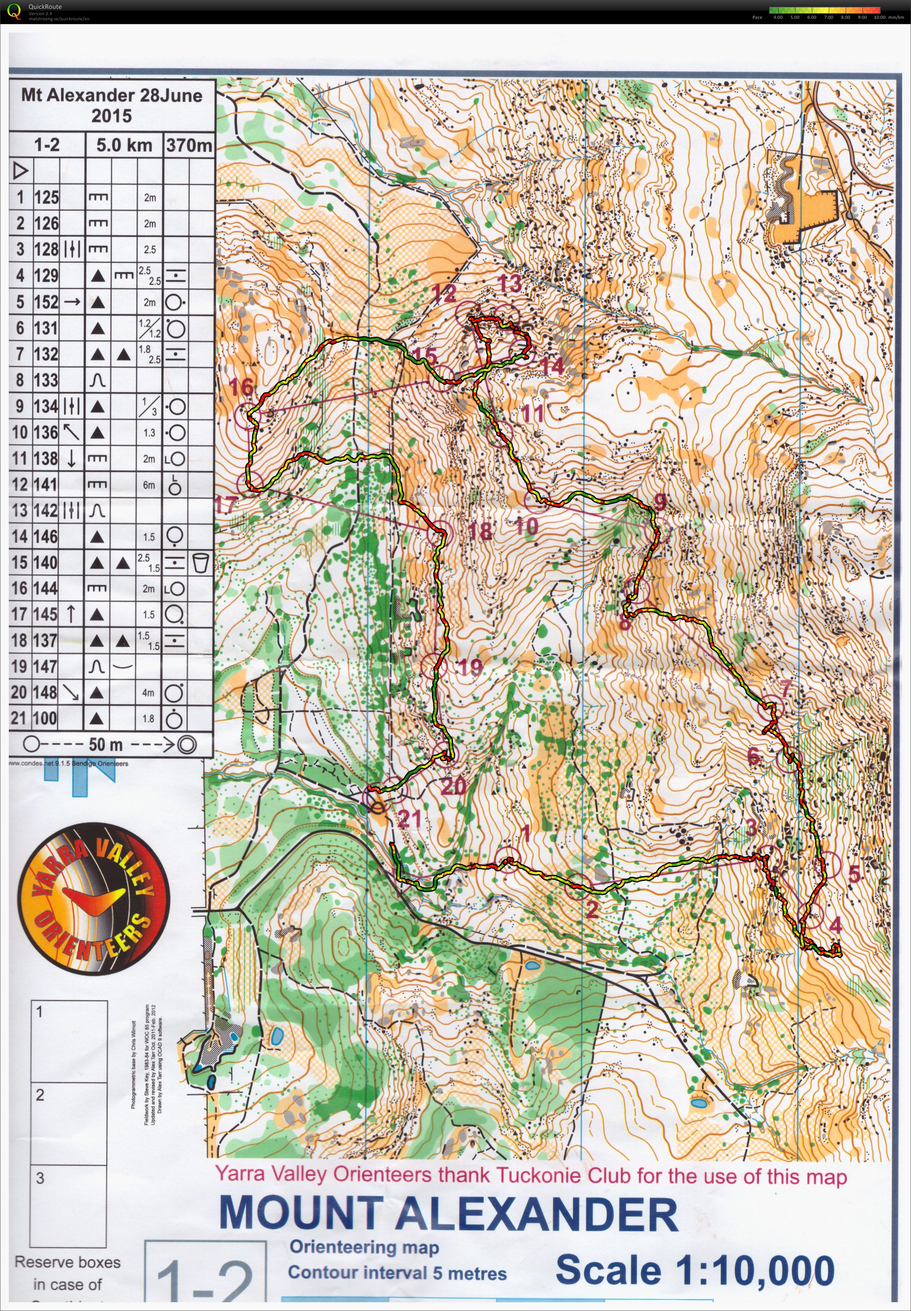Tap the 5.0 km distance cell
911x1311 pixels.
124,145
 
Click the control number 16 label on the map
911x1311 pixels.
241,387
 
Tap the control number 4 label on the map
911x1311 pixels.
836,925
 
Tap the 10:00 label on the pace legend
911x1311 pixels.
879,17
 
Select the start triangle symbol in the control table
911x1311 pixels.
21,170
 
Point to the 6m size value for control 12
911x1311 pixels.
149,485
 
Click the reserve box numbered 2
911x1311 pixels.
69,1124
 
